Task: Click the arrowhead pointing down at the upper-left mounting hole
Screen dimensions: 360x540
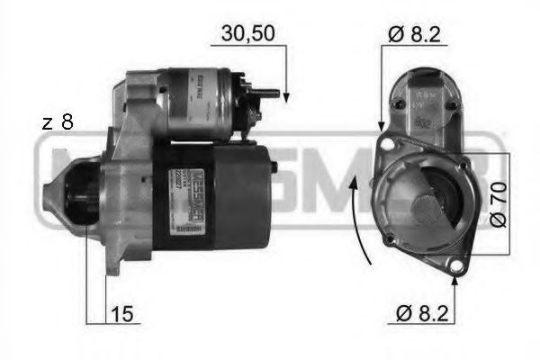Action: (x=382, y=126)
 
